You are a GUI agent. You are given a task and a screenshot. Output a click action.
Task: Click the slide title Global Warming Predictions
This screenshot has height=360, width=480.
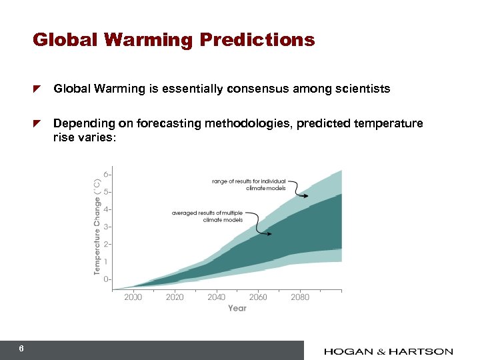click(173, 40)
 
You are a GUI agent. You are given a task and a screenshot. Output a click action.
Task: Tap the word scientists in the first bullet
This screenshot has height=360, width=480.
click(365, 88)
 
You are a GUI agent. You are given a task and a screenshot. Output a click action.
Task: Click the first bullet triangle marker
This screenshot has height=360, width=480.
click(38, 89)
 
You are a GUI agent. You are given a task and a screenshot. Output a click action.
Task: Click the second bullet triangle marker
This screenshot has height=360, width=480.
click(38, 124)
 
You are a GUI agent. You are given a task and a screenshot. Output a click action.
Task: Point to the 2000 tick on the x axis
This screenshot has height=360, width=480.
click(133, 297)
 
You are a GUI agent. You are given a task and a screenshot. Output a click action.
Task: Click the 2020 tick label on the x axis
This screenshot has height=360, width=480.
click(175, 297)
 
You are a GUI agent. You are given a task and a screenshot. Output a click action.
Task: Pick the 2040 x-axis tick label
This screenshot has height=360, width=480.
click(216, 297)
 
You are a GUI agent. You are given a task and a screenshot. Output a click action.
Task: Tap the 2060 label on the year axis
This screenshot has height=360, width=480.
click(258, 297)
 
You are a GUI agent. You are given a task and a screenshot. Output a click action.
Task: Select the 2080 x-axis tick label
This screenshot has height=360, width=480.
click(300, 297)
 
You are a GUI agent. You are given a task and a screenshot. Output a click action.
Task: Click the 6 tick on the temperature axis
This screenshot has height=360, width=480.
click(107, 174)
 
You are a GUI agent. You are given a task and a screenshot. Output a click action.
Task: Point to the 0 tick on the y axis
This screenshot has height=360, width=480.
click(107, 279)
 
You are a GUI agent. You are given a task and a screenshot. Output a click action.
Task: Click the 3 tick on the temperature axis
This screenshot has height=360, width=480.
click(107, 227)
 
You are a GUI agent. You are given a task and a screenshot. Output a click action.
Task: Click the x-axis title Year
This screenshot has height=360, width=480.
click(237, 308)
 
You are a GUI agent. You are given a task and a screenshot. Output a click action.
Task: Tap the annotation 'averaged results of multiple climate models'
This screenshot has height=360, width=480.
click(207, 216)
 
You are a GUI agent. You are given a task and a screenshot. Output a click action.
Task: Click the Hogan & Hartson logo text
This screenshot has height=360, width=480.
click(389, 351)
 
